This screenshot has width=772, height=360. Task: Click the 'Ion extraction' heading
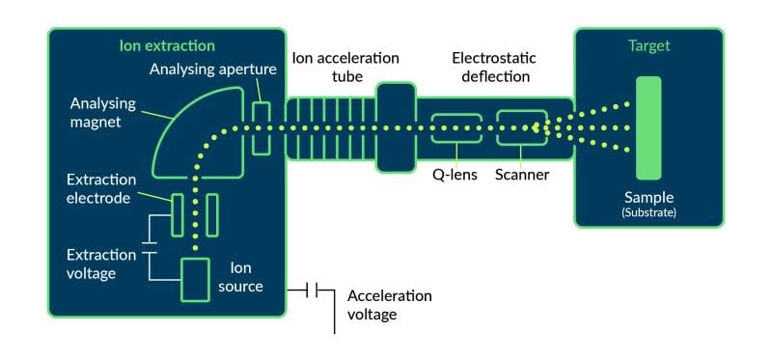167,45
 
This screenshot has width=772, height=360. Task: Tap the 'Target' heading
648,45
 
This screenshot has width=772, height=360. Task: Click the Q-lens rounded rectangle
455,128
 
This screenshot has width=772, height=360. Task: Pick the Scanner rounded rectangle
521,128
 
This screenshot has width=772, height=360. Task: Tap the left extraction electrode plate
178,214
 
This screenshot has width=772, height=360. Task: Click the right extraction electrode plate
212,214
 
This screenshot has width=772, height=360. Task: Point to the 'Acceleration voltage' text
389,305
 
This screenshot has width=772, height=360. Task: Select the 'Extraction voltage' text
101,264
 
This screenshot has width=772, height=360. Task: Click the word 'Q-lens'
455,176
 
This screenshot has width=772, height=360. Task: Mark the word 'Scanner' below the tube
522,176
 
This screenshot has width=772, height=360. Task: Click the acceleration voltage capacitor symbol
314,289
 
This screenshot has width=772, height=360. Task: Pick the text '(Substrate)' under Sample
648,211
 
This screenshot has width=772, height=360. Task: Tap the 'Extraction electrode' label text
101,189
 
